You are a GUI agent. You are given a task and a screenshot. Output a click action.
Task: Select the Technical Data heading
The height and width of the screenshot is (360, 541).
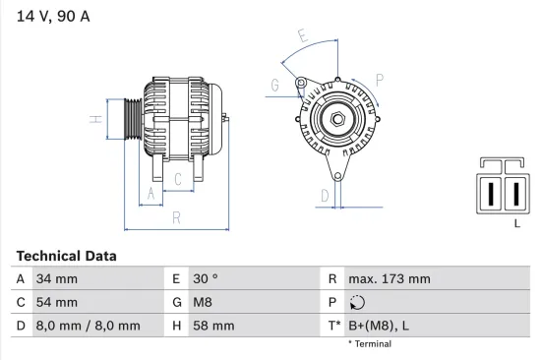[x=66, y=256]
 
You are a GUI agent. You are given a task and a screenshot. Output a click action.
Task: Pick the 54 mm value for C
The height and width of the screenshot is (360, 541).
[x=55, y=302]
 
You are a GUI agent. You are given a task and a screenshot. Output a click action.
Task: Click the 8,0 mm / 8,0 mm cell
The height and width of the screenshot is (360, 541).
[x=87, y=326]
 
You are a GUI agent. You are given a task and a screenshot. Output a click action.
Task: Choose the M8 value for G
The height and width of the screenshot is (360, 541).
[x=204, y=302]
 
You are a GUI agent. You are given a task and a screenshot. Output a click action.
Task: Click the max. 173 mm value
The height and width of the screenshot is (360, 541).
[x=390, y=279]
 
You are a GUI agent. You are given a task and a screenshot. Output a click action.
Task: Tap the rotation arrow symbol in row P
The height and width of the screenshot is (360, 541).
[x=357, y=303]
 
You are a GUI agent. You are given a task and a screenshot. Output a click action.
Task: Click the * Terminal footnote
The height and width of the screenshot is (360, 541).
[x=369, y=344]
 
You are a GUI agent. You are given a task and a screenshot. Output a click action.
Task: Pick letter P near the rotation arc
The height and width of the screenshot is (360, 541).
[x=379, y=80]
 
